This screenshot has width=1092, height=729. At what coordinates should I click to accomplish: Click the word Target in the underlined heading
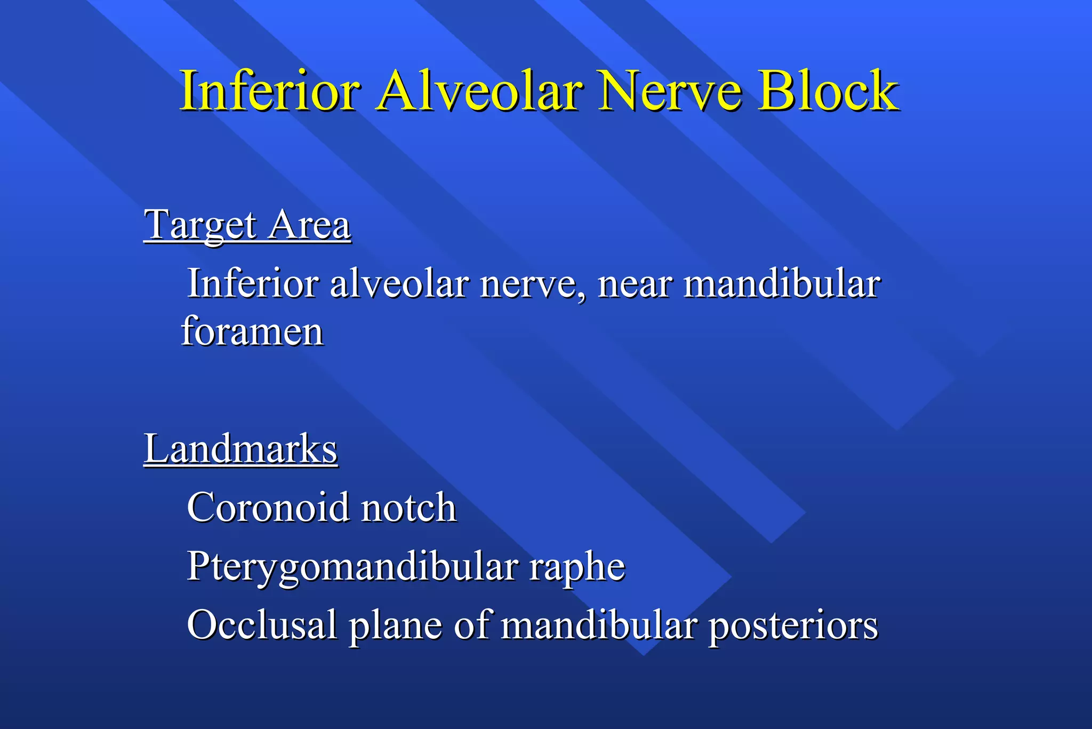coord(201,225)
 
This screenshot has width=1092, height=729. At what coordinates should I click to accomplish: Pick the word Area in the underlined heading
coord(309,225)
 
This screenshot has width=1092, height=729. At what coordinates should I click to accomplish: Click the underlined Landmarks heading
coord(240,449)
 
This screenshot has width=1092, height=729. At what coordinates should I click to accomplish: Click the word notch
coord(409,508)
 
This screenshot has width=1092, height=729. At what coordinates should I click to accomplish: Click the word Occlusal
coord(262,625)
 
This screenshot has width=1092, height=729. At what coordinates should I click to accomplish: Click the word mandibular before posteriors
coord(599,625)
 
